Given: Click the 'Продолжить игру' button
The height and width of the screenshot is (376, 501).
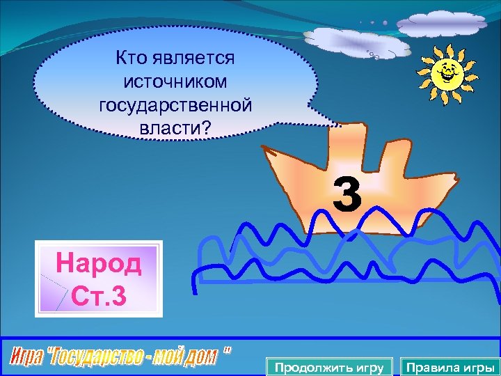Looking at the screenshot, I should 329,367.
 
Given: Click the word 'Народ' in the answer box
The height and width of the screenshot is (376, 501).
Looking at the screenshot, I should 99,265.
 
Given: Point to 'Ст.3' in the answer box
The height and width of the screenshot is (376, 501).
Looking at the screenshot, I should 100,295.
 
